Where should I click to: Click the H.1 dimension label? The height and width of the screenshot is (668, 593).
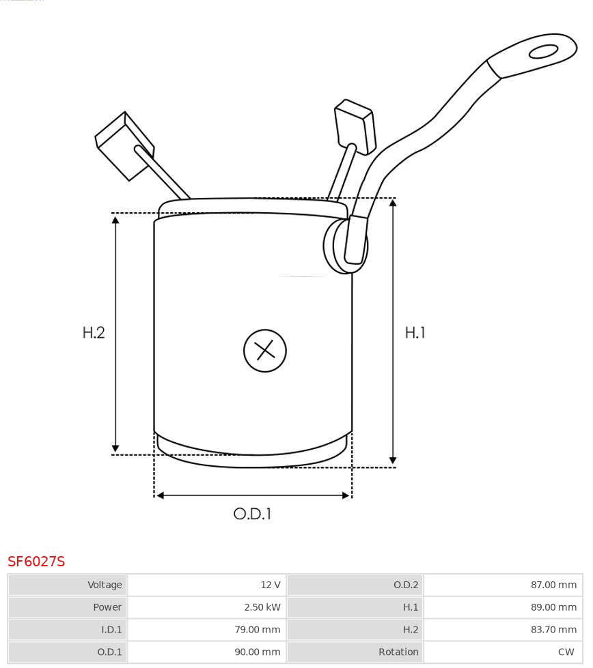tap(415, 333)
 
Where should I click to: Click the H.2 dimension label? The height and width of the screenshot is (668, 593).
tap(94, 333)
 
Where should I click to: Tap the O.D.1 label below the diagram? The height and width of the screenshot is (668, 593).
tap(252, 514)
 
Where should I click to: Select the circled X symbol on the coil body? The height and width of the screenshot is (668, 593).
tap(265, 351)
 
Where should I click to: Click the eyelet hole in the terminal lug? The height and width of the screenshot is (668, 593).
tap(543, 52)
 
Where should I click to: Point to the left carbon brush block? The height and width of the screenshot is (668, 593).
tap(124, 146)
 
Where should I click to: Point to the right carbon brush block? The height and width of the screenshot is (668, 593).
tap(355, 126)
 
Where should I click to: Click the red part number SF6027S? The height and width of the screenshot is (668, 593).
tap(36, 562)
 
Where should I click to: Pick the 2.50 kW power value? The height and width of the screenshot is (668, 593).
tap(262, 607)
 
